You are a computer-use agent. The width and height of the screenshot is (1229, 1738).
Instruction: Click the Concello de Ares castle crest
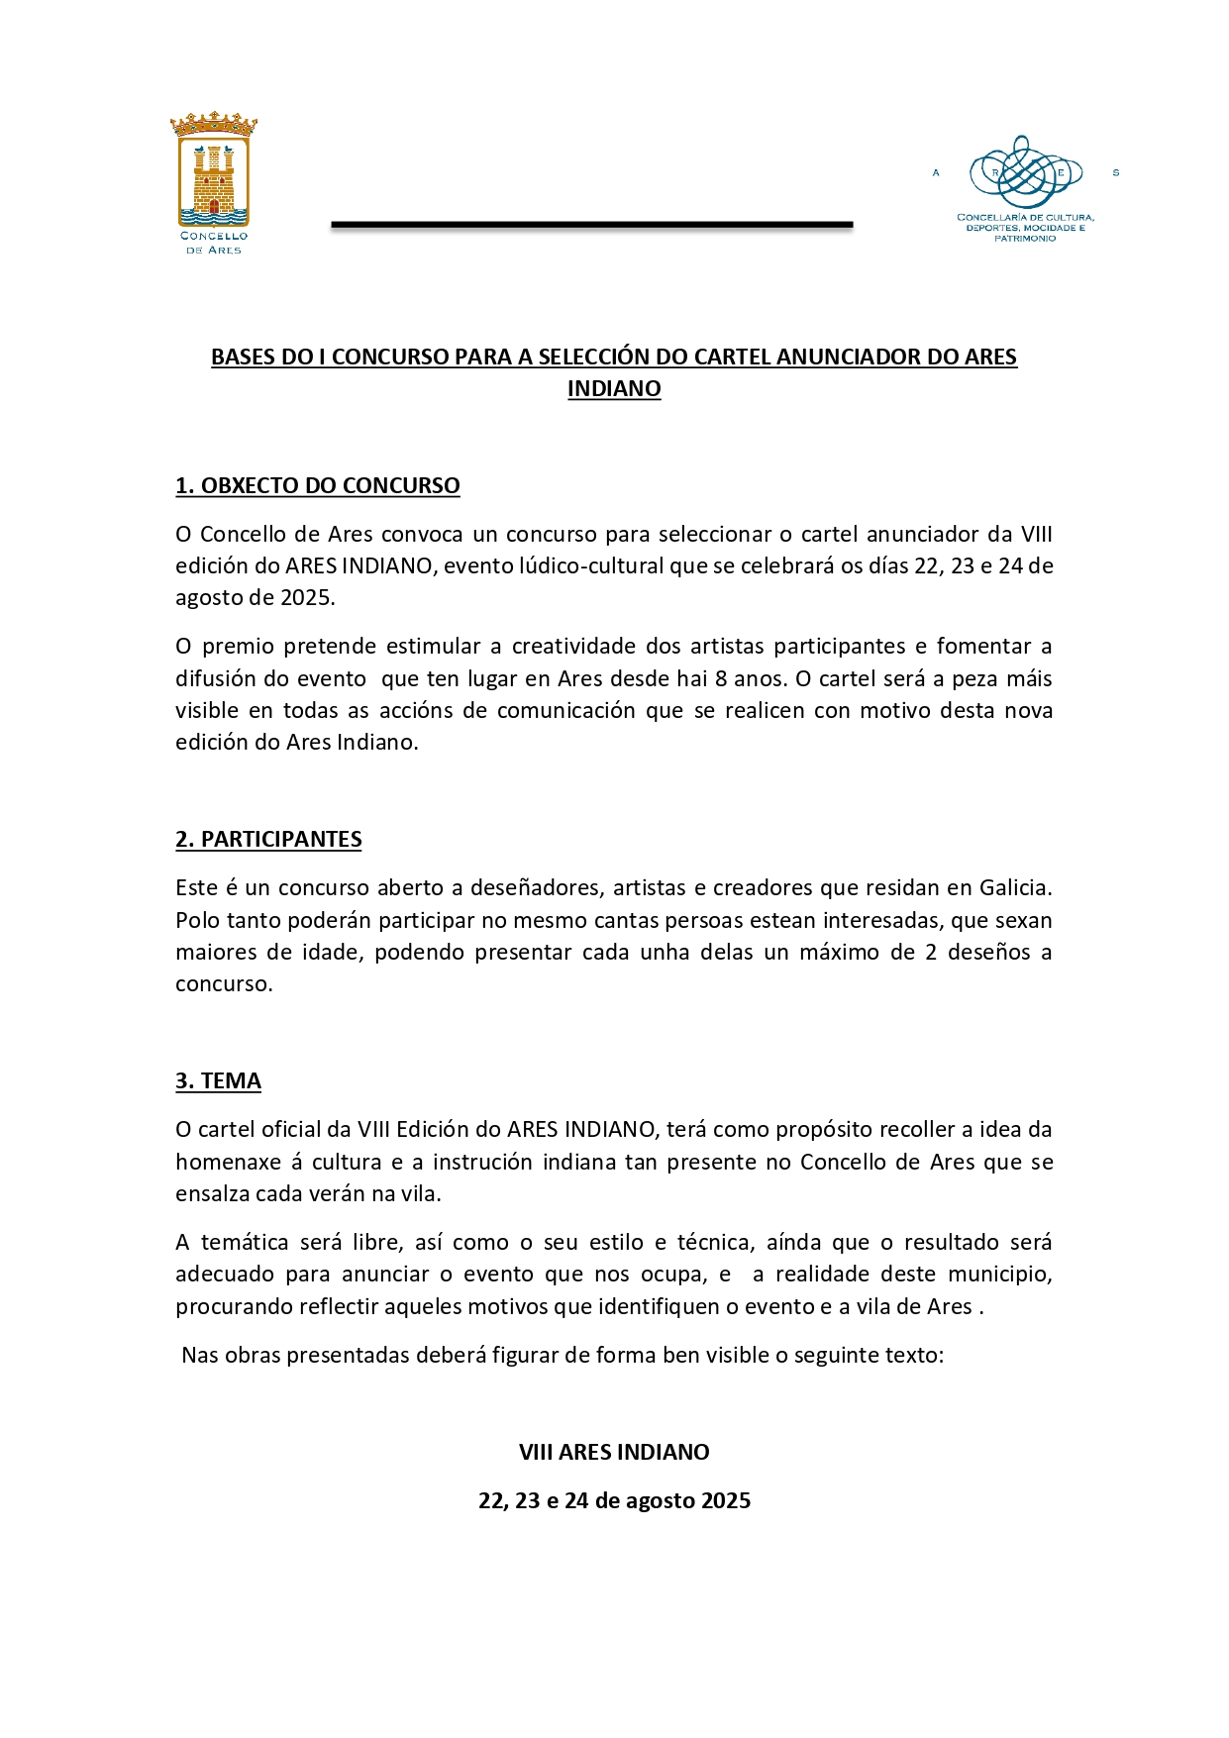tap(213, 170)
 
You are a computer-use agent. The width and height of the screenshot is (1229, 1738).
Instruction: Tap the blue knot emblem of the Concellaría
tap(1025, 172)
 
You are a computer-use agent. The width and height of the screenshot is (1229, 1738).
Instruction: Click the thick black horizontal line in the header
tap(591, 225)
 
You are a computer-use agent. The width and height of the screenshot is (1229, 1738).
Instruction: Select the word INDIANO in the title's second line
tap(614, 389)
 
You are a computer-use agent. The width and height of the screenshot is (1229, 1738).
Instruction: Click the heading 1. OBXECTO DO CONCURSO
tap(317, 485)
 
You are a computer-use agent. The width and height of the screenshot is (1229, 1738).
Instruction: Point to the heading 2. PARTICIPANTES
tap(268, 839)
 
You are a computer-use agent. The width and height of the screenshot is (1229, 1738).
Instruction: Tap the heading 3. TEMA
tap(218, 1080)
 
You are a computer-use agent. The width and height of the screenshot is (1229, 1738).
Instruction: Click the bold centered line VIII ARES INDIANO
tap(614, 1452)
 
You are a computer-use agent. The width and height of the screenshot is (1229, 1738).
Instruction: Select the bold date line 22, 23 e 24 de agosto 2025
tap(614, 1500)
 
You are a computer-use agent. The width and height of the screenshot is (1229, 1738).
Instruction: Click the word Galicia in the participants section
tap(1015, 887)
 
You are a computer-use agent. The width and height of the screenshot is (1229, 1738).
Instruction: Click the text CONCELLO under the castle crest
tap(214, 237)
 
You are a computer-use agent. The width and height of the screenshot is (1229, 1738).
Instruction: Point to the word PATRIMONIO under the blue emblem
tap(1025, 239)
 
